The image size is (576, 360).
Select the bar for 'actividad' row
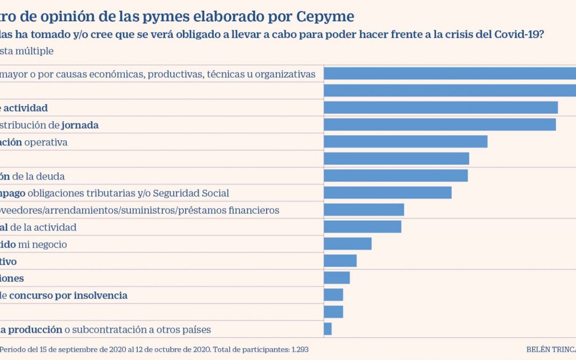coord(441,108)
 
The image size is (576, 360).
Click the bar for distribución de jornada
coord(439,125)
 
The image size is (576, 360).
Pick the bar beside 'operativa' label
coord(405,142)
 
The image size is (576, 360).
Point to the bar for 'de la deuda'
coord(396,176)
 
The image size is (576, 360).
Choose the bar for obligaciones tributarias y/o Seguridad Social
coord(388,193)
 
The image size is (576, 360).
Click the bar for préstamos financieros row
coord(364,210)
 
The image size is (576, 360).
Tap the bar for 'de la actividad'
coord(363,227)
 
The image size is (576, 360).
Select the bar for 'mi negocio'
coord(348,244)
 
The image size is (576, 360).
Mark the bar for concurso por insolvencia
coord(333,295)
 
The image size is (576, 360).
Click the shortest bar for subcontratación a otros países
coord(327,329)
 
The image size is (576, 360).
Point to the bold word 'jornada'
coord(80,125)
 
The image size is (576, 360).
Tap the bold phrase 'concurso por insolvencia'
coord(68,295)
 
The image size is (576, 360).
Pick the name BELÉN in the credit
coord(538,350)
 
